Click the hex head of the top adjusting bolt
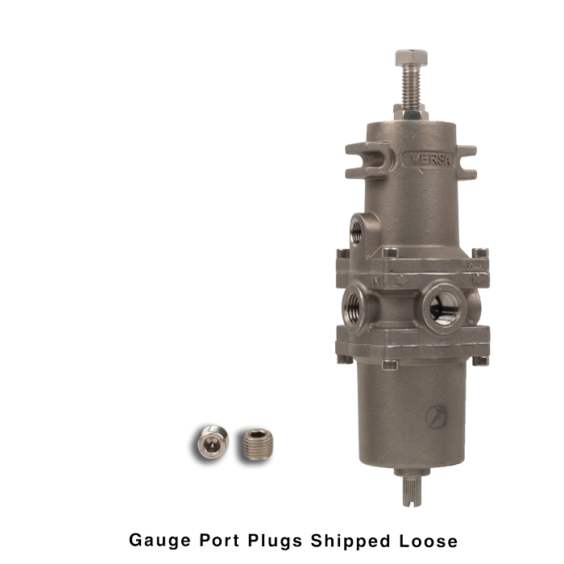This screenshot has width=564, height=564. [411, 57]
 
